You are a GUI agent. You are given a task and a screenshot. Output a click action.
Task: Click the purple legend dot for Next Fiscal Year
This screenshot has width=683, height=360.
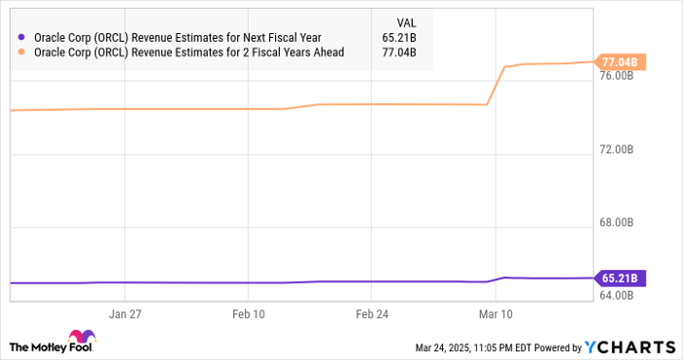click(x=21, y=38)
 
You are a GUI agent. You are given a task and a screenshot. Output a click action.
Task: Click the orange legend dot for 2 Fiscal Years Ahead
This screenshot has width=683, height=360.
click(x=21, y=52)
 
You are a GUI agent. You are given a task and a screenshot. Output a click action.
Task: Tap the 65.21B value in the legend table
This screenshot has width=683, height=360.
click(x=402, y=38)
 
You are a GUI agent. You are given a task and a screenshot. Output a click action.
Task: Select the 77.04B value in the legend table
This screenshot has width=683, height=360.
click(x=402, y=52)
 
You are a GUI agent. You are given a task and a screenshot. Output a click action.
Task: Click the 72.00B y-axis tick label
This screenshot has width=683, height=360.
click(x=620, y=150)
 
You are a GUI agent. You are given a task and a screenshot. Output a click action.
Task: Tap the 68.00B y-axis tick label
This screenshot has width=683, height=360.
click(x=620, y=223)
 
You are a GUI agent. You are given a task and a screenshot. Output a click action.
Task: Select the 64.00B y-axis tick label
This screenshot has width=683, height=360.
click(x=620, y=296)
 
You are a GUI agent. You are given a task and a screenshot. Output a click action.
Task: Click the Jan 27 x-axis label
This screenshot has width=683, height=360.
click(x=126, y=315)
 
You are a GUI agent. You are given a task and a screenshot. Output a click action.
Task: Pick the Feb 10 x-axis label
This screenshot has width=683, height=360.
click(x=249, y=315)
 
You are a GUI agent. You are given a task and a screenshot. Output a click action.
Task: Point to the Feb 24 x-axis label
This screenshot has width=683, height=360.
click(x=372, y=315)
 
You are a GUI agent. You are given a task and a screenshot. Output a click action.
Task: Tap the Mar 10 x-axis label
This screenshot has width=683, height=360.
click(x=495, y=315)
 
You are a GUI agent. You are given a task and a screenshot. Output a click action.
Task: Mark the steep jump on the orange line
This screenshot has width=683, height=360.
click(x=496, y=85)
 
